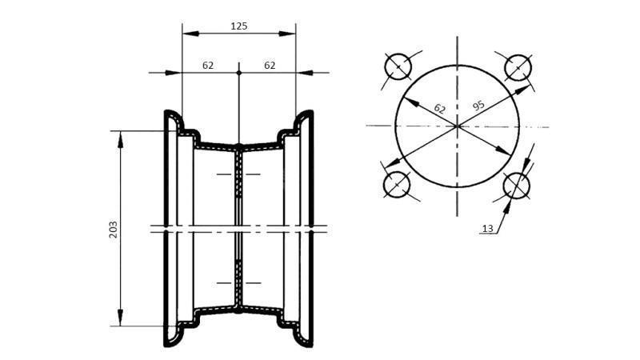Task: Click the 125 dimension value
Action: pyautogui.click(x=238, y=26)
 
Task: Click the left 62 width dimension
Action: pyautogui.click(x=208, y=66)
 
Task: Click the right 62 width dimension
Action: pyautogui.click(x=270, y=66)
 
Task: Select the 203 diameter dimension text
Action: pyautogui.click(x=113, y=229)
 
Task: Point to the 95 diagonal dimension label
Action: pyautogui.click(x=478, y=106)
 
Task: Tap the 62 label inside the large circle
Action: pyautogui.click(x=439, y=108)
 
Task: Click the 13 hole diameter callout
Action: pyautogui.click(x=488, y=229)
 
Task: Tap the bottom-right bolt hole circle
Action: pyautogui.click(x=517, y=186)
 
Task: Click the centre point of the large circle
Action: pyautogui.click(x=457, y=126)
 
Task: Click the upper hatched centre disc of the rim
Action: pyautogui.click(x=238, y=176)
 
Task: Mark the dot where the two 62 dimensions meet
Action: pyautogui.click(x=238, y=73)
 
